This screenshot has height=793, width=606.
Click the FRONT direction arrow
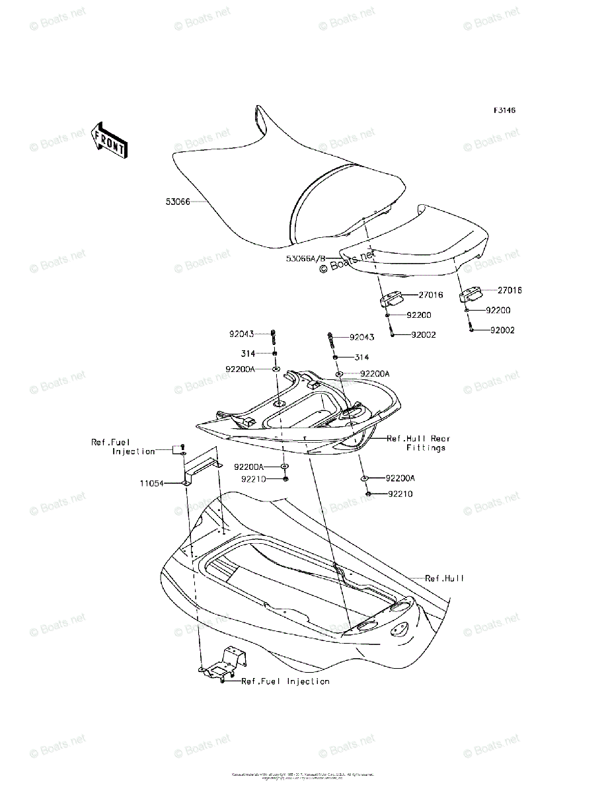[109, 139]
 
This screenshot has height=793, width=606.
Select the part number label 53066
[178, 202]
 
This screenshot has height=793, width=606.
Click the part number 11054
[151, 483]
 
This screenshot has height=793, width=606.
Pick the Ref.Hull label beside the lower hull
[444, 578]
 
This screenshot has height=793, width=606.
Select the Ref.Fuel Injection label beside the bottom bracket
[285, 681]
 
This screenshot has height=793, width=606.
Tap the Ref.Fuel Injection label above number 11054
[124, 447]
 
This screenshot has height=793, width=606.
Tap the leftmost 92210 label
[253, 478]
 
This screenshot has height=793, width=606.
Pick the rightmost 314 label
[361, 357]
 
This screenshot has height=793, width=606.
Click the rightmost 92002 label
[502, 330]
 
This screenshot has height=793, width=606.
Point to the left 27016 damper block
[391, 299]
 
